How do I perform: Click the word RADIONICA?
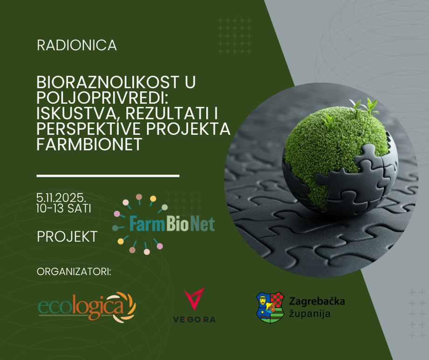click(77, 46)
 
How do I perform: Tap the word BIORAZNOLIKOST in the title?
click(108, 82)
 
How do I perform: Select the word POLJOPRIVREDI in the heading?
click(102, 98)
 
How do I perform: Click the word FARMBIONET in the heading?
click(89, 145)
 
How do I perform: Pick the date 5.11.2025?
click(61, 198)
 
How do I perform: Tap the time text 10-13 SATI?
click(63, 208)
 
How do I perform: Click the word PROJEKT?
click(67, 237)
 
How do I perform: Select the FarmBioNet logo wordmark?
click(172, 224)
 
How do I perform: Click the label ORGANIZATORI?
click(74, 272)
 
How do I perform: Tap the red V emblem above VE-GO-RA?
click(195, 298)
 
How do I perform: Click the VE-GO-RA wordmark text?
click(194, 319)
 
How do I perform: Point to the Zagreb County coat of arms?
click(270, 307)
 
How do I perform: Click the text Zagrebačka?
click(317, 301)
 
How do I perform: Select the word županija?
click(310, 314)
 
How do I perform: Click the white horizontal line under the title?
click(108, 176)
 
